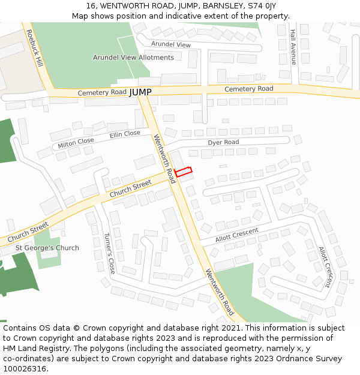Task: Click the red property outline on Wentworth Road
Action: pos(184,172)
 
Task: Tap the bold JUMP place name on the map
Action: pos(140,92)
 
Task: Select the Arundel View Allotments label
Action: pos(133,58)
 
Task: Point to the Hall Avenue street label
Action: pos(293,47)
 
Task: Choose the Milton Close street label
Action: pos(76,143)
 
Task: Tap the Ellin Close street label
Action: pos(125,134)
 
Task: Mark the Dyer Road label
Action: pos(223,142)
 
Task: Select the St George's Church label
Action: pos(47,248)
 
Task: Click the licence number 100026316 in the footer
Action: pos(25,368)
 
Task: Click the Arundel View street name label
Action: pos(170,45)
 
